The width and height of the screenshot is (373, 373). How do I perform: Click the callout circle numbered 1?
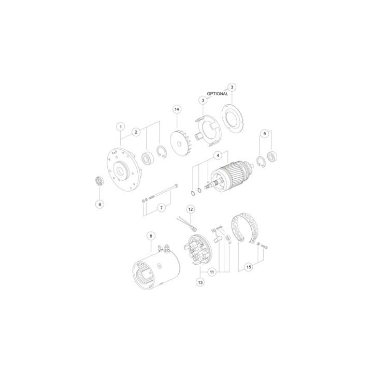[121, 126]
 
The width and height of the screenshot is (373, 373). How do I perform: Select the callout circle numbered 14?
[177, 109]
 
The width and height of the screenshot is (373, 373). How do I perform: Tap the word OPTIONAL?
[218, 94]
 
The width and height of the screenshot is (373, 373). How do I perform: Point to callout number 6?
[99, 204]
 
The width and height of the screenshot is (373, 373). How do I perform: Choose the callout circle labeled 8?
[151, 236]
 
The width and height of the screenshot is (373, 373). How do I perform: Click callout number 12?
[191, 209]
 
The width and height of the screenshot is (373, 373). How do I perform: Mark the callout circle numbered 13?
[200, 282]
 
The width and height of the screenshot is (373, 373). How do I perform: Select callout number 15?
[249, 267]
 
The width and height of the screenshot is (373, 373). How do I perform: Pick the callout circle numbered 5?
[265, 133]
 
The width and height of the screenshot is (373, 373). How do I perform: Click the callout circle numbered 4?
[218, 155]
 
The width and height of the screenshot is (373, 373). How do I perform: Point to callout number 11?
[212, 271]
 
